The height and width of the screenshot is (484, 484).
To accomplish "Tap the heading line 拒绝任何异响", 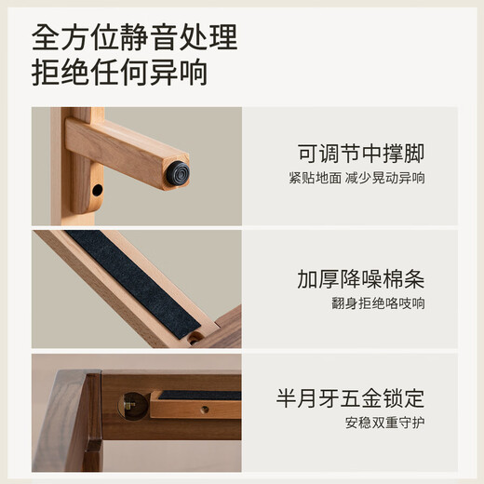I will click(119, 73).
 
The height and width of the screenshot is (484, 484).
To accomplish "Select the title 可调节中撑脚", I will click(361, 152).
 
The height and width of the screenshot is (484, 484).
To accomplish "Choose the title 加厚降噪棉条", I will click(361, 277).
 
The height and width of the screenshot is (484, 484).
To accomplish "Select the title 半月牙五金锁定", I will click(349, 399).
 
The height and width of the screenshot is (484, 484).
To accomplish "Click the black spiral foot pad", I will click(177, 173).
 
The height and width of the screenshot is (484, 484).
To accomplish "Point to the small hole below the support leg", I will click(97, 190).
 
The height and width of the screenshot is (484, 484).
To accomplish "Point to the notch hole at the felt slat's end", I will click(195, 338).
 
